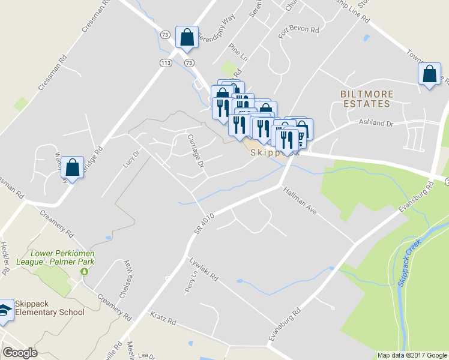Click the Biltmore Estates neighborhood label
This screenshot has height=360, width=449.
(x=366, y=99)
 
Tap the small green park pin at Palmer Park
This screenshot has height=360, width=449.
(x=84, y=271)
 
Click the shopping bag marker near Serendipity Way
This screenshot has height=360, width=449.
(x=187, y=37)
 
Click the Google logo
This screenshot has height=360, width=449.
(x=20, y=353)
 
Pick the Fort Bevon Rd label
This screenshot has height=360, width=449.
(x=298, y=28)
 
